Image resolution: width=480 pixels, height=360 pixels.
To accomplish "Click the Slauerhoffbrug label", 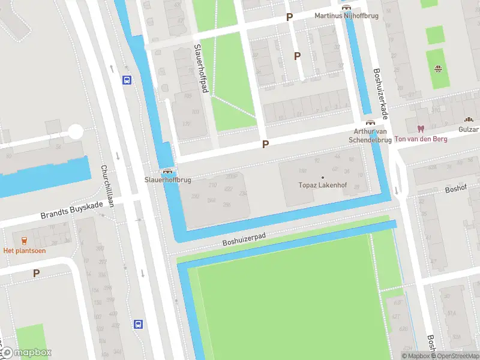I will [167, 179].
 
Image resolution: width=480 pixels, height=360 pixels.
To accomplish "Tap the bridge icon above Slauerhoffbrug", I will [167, 170].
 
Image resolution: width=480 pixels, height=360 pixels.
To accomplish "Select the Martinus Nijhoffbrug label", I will [347, 16].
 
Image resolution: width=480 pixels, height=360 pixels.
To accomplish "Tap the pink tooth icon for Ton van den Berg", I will [420, 128].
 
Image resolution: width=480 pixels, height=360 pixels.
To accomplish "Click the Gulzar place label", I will [468, 130].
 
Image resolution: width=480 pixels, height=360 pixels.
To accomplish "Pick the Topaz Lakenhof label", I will [323, 185].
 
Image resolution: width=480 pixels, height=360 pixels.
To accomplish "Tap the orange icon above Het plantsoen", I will [25, 240].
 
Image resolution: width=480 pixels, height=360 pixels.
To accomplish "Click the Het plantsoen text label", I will [25, 250].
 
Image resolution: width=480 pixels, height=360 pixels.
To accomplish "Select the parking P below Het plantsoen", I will [36, 273].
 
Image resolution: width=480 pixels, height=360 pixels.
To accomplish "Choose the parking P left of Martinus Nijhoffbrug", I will [289, 17].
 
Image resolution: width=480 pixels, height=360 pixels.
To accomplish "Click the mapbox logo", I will [27, 353].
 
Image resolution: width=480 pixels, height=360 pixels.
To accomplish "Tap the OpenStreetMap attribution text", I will [451, 356].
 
